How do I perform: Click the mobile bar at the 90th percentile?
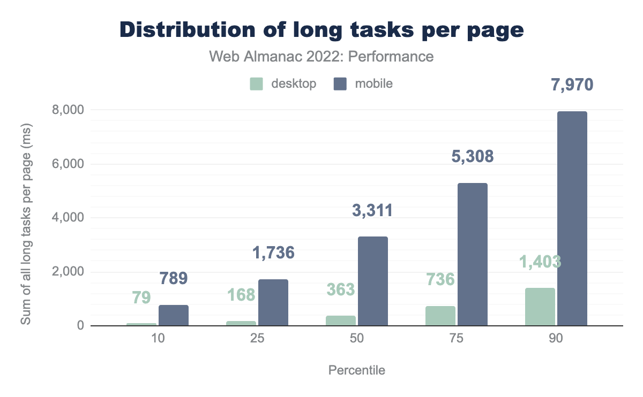click(572, 218)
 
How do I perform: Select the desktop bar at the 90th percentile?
click(540, 307)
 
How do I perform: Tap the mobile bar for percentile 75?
click(473, 254)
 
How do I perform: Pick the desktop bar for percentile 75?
click(440, 316)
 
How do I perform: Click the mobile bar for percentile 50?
click(372, 281)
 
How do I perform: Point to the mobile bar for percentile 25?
click(273, 302)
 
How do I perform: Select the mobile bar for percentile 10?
click(173, 315)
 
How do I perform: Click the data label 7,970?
click(572, 85)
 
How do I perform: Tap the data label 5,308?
click(472, 157)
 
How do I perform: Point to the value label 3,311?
click(372, 210)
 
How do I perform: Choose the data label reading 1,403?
click(540, 262)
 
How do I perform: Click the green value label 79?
click(141, 297)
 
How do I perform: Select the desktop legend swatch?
click(257, 84)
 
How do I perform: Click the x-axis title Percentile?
click(356, 370)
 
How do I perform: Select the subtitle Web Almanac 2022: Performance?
click(321, 56)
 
